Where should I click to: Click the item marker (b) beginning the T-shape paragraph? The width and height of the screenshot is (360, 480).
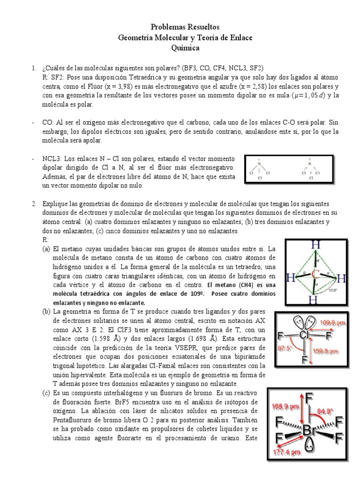coord(46,312)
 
